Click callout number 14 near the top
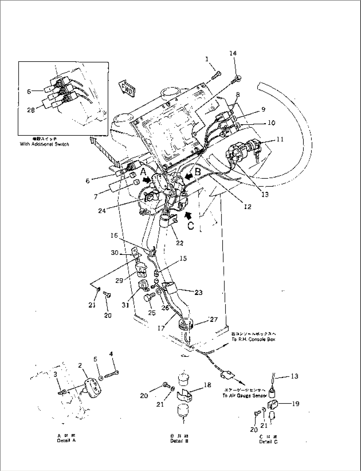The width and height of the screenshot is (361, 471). pos(233,53)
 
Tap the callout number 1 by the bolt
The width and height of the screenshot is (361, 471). pos(207,59)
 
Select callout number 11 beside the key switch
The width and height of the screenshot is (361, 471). pos(280,139)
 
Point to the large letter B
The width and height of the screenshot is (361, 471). pos(198,171)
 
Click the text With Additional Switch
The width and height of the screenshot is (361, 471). pos(44,144)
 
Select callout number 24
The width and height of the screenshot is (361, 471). pos(102,210)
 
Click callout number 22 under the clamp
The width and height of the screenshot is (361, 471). pos(179,243)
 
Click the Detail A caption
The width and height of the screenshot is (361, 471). pos(66,441)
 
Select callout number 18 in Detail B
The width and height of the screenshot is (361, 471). pos(207,385)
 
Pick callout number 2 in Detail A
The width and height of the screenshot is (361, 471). pos(80,365)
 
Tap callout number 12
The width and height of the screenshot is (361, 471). pos(247,207)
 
